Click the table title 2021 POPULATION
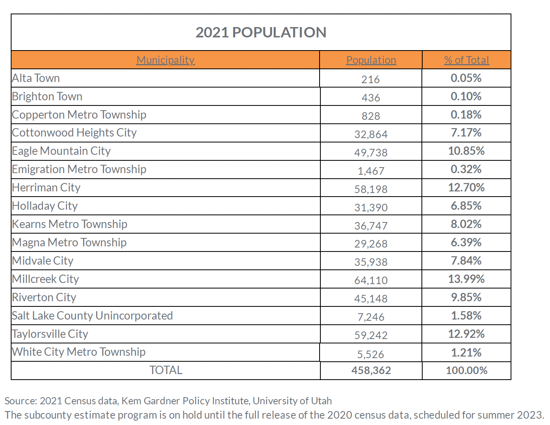click(261, 33)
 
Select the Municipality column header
click(165, 60)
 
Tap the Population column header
click(371, 60)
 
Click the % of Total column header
click(466, 60)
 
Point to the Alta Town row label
click(36, 78)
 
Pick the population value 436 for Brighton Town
click(371, 97)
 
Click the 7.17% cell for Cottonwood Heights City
click(466, 133)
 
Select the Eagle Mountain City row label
click(61, 151)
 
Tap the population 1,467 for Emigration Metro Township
click(371, 171)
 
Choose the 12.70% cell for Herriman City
click(466, 187)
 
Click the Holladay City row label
click(45, 206)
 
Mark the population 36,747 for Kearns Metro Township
click(371, 226)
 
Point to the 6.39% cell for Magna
click(466, 242)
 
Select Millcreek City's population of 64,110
click(371, 281)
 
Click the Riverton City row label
click(44, 298)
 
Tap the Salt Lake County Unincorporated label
click(92, 316)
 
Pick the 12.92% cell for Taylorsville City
click(466, 334)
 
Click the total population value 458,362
click(371, 370)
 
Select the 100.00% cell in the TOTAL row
click(466, 370)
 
